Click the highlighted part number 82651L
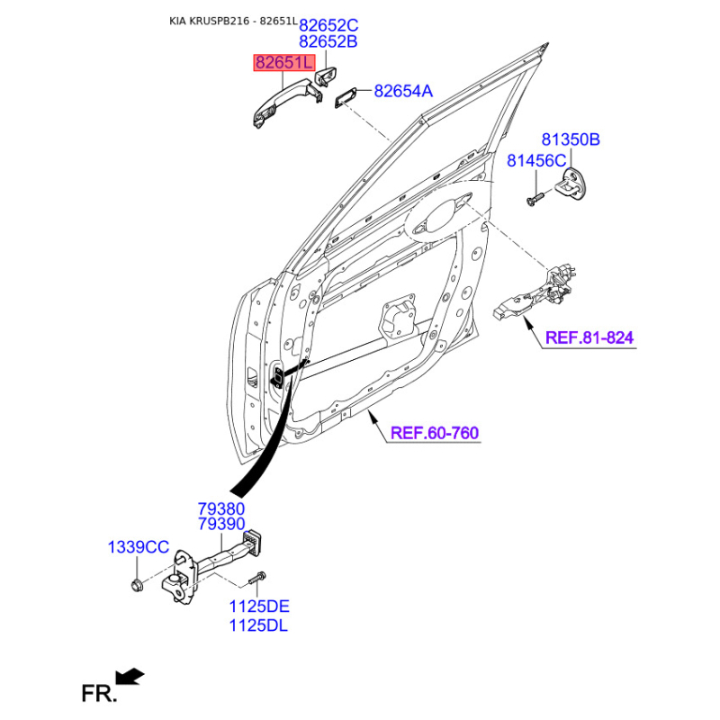(284, 62)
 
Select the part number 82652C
(328, 25)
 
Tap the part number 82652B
(328, 41)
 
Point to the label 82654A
(403, 91)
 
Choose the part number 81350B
(571, 139)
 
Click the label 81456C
(536, 161)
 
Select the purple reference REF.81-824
(589, 338)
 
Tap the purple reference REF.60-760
(435, 433)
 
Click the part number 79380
(221, 508)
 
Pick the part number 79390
(221, 525)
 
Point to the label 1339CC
(139, 547)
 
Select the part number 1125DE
(259, 607)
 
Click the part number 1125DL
(258, 625)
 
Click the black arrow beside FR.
(130, 677)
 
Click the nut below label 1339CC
(137, 586)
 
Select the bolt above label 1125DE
(257, 578)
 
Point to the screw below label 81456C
(535, 199)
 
